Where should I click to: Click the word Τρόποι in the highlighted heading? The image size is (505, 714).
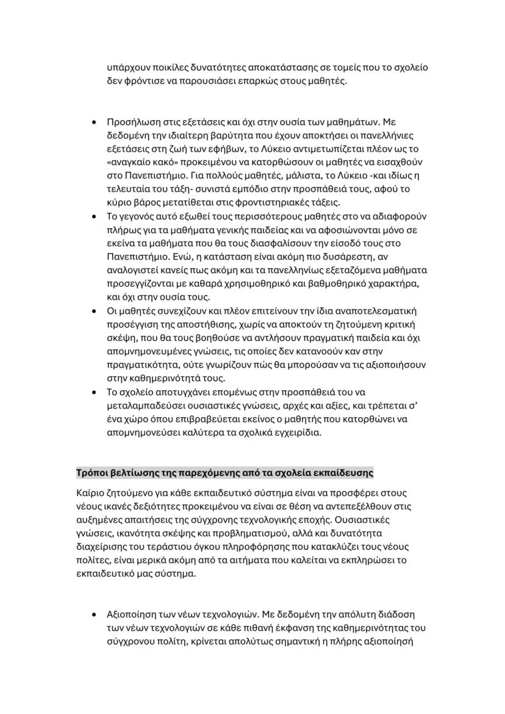pos(92,473)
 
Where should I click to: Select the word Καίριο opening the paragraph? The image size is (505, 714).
pos(90,492)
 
